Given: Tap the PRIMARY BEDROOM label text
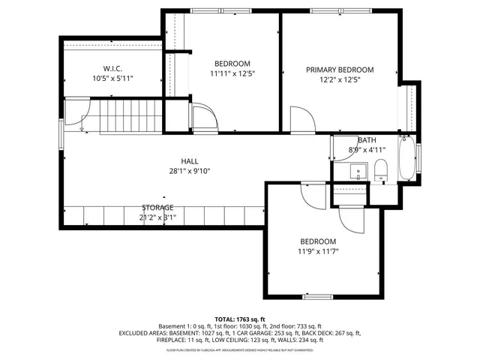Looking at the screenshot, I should tap(339, 70).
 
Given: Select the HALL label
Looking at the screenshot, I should tap(189, 161).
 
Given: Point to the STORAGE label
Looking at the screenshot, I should tap(157, 207).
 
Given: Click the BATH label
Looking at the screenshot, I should tap(367, 140).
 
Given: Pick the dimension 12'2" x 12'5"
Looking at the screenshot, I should tap(339, 79).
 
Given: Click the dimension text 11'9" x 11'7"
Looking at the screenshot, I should tap(318, 251).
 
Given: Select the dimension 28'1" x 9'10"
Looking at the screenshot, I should tap(189, 171).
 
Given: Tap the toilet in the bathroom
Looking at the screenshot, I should tap(379, 169).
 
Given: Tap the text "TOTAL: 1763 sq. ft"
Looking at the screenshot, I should tap(240, 319).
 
